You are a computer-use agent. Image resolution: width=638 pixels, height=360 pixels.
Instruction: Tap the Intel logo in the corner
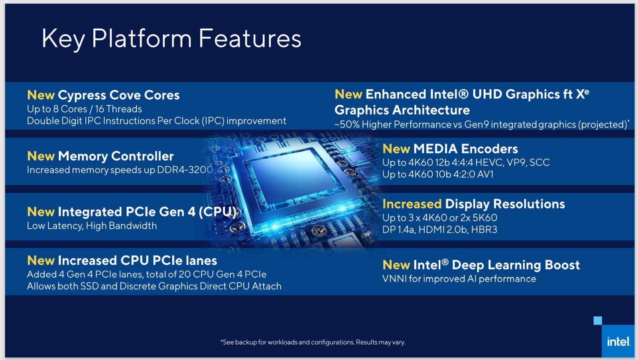pos(618,342)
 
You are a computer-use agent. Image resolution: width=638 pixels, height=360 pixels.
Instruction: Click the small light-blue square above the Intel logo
pos(598,321)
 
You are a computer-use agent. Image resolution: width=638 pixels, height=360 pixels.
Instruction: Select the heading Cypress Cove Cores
pos(118,95)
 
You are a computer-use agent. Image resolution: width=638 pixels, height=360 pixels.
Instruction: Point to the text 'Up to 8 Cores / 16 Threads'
pos(84,109)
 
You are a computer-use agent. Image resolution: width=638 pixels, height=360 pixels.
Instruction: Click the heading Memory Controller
pos(116,156)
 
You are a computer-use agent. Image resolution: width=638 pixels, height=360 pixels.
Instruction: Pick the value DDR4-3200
pos(185,170)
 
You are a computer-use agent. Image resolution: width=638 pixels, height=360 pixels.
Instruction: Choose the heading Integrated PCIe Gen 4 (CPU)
pos(147,212)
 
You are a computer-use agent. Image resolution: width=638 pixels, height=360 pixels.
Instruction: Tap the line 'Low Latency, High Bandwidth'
pos(92,226)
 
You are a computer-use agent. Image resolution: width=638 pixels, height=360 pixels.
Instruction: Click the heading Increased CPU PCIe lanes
pos(137,260)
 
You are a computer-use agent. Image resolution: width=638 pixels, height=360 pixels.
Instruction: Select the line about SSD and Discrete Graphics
pos(154,286)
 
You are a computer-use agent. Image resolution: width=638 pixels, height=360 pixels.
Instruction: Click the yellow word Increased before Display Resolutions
pos(412,204)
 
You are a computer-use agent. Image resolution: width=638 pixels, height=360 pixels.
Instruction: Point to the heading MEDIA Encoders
pos(465,149)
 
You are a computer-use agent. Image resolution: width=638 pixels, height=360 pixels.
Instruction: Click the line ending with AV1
pos(438,174)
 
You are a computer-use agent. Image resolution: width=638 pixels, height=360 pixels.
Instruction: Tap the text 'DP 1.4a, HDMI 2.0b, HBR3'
pos(439,229)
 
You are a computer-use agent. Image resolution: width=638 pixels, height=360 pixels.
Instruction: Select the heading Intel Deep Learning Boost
pos(496,265)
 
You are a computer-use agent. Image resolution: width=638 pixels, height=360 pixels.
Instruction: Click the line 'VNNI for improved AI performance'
pos(459,279)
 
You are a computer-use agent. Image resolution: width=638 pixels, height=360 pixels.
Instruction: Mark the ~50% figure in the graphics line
pos(347,124)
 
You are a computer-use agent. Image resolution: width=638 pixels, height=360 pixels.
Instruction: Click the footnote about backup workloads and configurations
pos(313,342)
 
